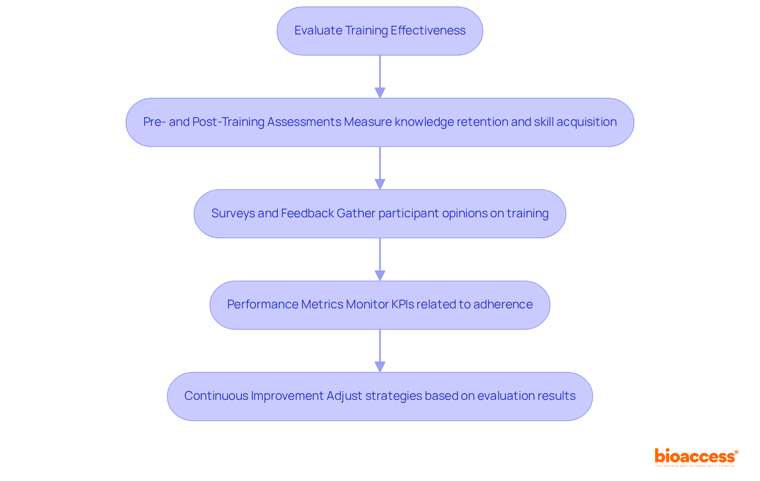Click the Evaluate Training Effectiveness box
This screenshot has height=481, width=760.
380,31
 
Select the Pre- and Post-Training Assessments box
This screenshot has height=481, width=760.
380,122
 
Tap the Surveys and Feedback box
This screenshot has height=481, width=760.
380,214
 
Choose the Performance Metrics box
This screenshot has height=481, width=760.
380,305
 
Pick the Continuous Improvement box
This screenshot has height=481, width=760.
380,396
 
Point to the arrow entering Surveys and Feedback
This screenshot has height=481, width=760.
380,168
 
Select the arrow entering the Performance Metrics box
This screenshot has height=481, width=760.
380,259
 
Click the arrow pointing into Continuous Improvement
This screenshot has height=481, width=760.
380,351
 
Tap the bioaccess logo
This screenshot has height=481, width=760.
696,456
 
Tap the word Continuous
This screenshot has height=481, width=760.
216,396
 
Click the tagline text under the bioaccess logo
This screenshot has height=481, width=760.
695,466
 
